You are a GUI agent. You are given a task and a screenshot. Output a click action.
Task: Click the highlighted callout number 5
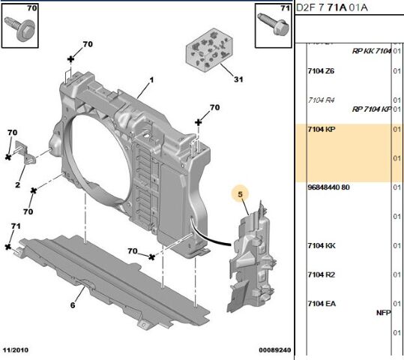click(241, 196)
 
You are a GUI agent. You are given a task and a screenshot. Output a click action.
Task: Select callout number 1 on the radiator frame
click(150, 80)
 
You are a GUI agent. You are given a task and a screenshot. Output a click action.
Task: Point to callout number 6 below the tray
click(73, 304)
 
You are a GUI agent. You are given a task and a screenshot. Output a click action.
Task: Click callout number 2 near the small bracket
click(17, 184)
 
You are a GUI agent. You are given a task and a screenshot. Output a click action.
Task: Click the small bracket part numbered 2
click(27, 151)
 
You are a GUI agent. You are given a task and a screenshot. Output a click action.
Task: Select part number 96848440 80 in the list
click(328, 187)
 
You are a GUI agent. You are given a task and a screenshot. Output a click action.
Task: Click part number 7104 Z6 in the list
click(321, 71)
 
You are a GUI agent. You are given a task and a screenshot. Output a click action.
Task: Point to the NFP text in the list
click(383, 313)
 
